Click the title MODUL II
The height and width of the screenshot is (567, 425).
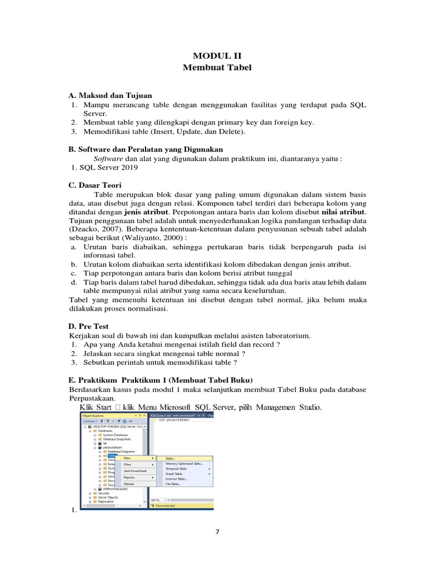217,55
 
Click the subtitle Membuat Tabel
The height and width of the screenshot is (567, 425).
217,68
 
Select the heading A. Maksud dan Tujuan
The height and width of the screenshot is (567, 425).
110,95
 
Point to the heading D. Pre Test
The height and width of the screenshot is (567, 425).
89,327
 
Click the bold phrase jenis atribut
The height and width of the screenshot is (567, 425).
144,211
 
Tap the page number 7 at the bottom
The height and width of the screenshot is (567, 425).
217,532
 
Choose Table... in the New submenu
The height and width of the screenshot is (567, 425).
171,458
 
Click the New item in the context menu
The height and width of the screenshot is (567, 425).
128,458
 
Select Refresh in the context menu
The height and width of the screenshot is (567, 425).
129,483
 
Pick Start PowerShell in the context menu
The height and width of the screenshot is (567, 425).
134,471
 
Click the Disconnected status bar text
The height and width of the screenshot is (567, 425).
166,506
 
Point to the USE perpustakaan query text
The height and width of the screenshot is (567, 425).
173,420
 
